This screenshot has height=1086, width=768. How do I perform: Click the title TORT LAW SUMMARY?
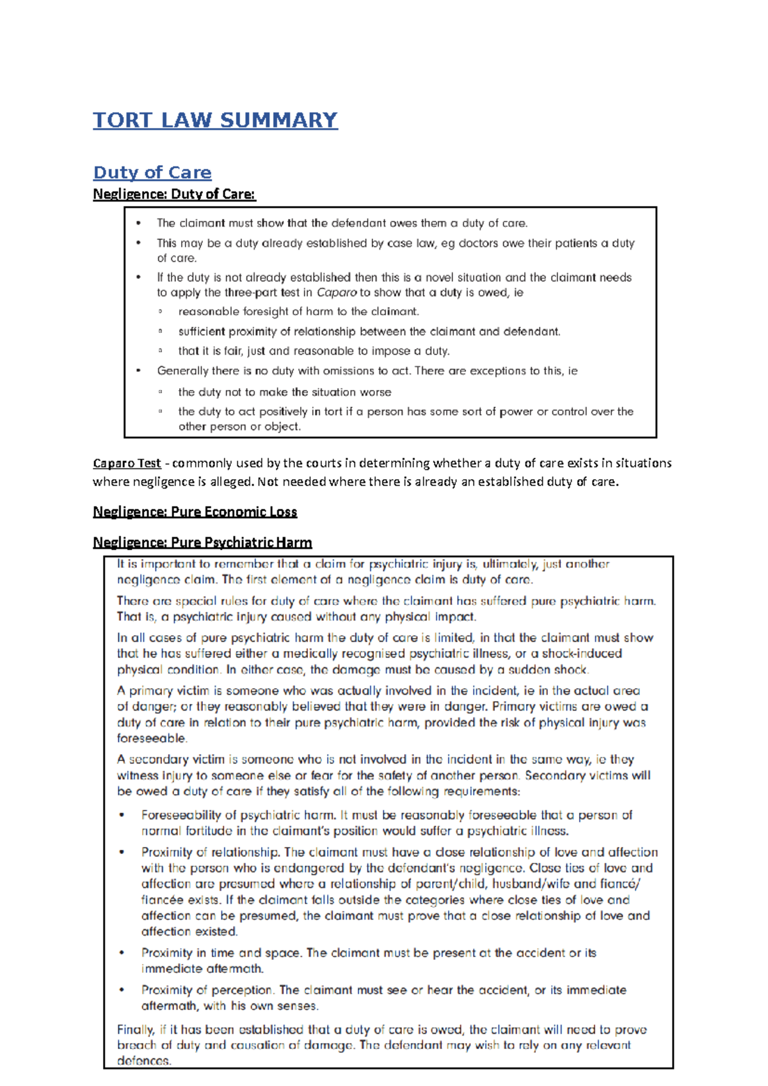pyautogui.click(x=215, y=120)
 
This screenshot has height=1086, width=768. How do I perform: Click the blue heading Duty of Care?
pyautogui.click(x=152, y=173)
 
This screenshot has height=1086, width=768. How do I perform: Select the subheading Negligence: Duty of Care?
pyautogui.click(x=174, y=194)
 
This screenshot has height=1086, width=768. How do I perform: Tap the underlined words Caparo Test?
pyautogui.click(x=127, y=463)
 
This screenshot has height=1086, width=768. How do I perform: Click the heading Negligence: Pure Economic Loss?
pyautogui.click(x=195, y=512)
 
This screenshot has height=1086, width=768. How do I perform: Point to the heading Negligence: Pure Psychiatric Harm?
pyautogui.click(x=202, y=542)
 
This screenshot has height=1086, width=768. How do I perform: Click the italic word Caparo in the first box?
pyautogui.click(x=336, y=293)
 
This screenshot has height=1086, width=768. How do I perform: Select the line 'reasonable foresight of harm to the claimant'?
pyautogui.click(x=298, y=312)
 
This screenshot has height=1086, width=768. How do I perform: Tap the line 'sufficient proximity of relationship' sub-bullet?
pyautogui.click(x=369, y=332)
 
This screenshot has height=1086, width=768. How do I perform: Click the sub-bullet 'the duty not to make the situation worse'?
pyautogui.click(x=284, y=392)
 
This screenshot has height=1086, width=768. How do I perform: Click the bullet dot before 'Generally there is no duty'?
pyautogui.click(x=138, y=371)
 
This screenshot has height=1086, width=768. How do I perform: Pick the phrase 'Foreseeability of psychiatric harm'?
pyautogui.click(x=238, y=815)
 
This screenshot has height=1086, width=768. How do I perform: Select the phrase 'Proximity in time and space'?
pyautogui.click(x=220, y=953)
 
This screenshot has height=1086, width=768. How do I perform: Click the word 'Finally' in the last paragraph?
pyautogui.click(x=135, y=1030)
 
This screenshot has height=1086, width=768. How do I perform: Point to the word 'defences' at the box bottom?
pyautogui.click(x=143, y=1060)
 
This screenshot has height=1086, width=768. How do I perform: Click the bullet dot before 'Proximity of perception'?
pyautogui.click(x=122, y=990)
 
